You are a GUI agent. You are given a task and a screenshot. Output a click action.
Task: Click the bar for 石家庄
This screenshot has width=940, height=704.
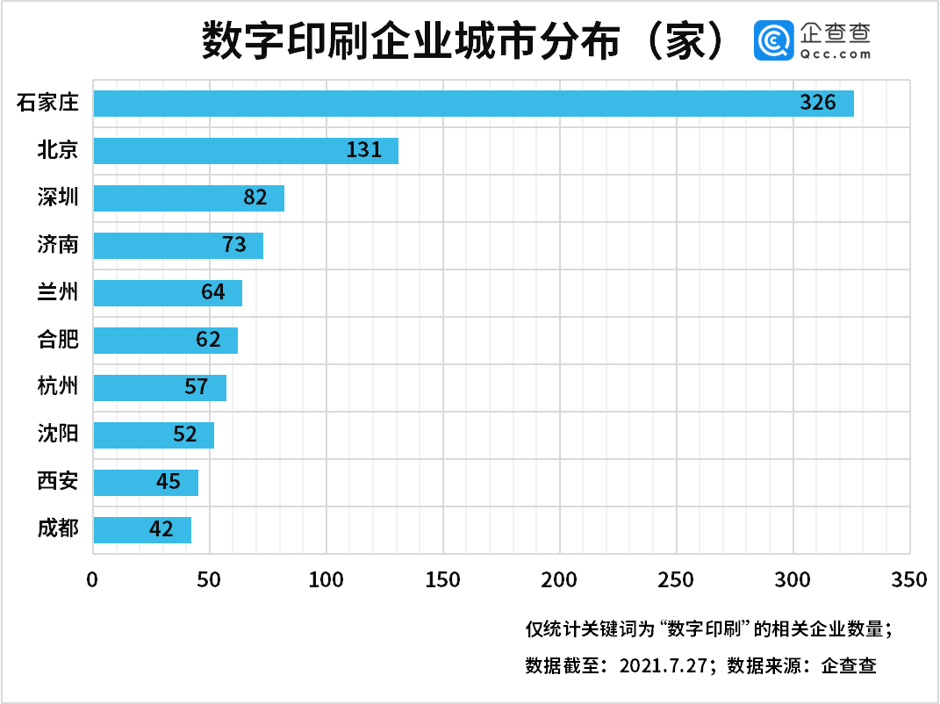coord(474,103)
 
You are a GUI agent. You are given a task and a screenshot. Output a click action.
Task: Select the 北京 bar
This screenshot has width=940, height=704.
coord(246,150)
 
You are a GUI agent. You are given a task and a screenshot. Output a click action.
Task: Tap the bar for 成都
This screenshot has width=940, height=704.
coord(142,529)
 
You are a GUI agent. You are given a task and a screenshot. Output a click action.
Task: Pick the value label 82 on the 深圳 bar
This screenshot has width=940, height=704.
coord(255,198)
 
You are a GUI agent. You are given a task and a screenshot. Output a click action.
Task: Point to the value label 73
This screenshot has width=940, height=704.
coord(234,245)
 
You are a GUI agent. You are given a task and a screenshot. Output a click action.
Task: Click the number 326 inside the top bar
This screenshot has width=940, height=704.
coord(818,103)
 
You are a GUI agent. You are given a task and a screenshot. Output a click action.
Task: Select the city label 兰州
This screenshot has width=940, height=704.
coord(58,292)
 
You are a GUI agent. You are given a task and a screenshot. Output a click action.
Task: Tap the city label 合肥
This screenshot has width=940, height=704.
coord(58,340)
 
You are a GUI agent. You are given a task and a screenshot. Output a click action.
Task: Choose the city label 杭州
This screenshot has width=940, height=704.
coord(58,387)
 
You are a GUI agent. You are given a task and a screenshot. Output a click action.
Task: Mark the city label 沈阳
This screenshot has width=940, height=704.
coord(58,435)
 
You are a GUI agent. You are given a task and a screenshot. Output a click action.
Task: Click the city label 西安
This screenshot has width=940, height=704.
coord(58,482)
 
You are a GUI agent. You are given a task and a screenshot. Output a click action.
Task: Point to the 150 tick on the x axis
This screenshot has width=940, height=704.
coord(443,580)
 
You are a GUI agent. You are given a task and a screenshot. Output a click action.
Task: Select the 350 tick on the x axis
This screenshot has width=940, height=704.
coord(908,580)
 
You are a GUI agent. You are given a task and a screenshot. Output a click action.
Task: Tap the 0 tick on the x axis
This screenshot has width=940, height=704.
coord(93,580)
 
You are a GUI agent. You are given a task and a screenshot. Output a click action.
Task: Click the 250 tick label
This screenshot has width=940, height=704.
coord(676,580)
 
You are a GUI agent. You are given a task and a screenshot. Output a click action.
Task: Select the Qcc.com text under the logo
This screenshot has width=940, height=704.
coord(836,54)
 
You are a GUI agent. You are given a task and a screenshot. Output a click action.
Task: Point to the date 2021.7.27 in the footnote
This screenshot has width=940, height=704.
coord(664,665)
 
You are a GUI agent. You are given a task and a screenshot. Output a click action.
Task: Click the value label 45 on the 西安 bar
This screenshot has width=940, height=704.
coord(168,482)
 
